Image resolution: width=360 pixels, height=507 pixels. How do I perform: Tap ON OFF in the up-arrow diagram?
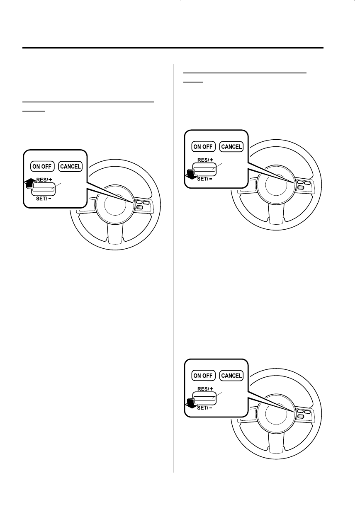[42, 167]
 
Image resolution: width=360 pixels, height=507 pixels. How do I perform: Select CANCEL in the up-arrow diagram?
[71, 167]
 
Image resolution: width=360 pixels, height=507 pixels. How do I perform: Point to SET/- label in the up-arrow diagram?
[44, 199]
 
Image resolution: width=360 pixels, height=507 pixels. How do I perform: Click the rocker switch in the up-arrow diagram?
[44, 190]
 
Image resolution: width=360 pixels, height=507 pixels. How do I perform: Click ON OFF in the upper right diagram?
[203, 146]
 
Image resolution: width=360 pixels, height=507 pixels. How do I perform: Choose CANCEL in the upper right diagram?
[231, 146]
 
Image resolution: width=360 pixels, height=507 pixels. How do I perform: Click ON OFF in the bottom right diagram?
[203, 376]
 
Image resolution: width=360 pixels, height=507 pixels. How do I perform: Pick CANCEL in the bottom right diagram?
[231, 376]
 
